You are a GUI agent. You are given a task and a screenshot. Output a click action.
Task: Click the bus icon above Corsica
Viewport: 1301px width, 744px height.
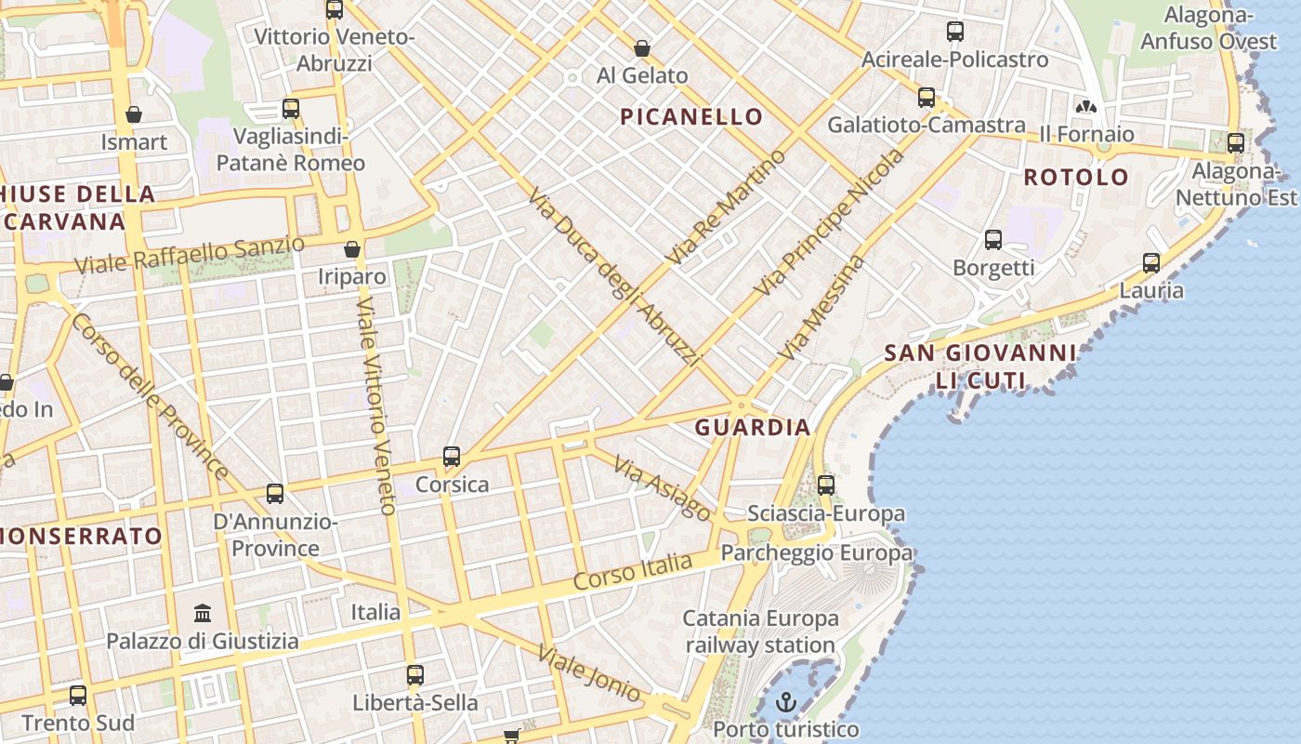tap(452, 457)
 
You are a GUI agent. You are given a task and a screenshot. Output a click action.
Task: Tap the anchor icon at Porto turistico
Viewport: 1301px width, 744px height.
tap(787, 702)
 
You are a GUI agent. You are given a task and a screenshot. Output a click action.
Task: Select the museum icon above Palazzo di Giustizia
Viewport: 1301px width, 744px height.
tap(203, 613)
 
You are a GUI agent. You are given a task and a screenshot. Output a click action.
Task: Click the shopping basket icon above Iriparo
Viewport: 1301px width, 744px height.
tap(351, 249)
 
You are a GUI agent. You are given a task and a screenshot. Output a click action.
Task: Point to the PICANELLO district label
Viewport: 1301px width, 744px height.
tap(692, 117)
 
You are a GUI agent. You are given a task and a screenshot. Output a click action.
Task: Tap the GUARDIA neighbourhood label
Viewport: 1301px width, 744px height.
tap(753, 428)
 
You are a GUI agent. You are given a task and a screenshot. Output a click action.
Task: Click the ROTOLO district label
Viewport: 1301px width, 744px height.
tap(1076, 177)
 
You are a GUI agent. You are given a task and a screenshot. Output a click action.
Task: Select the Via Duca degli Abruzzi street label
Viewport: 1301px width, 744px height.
tap(613, 276)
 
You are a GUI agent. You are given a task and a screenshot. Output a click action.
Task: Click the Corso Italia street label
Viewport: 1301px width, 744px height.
tap(633, 570)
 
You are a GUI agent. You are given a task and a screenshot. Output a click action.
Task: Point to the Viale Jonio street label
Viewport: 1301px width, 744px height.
tap(589, 672)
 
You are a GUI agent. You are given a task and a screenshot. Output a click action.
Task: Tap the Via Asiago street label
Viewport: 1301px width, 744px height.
tap(663, 488)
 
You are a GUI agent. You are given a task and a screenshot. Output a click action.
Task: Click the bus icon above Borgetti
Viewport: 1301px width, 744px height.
tap(993, 240)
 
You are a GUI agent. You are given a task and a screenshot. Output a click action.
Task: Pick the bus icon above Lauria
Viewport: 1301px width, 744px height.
tap(1151, 263)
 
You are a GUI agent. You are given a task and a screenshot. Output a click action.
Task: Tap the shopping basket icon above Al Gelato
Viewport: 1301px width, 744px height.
tap(641, 47)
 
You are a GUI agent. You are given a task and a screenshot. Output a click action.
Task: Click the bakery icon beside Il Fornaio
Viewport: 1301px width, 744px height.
tap(1085, 107)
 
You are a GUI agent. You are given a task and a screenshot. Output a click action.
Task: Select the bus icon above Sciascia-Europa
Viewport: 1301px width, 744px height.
tap(826, 485)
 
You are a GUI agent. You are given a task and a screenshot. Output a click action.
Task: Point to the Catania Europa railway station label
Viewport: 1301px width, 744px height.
tap(760, 631)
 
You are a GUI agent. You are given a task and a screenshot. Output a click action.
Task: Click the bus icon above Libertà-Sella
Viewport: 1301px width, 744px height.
tap(415, 675)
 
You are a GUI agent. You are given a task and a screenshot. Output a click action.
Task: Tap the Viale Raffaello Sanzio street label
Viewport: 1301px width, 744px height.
tap(190, 255)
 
